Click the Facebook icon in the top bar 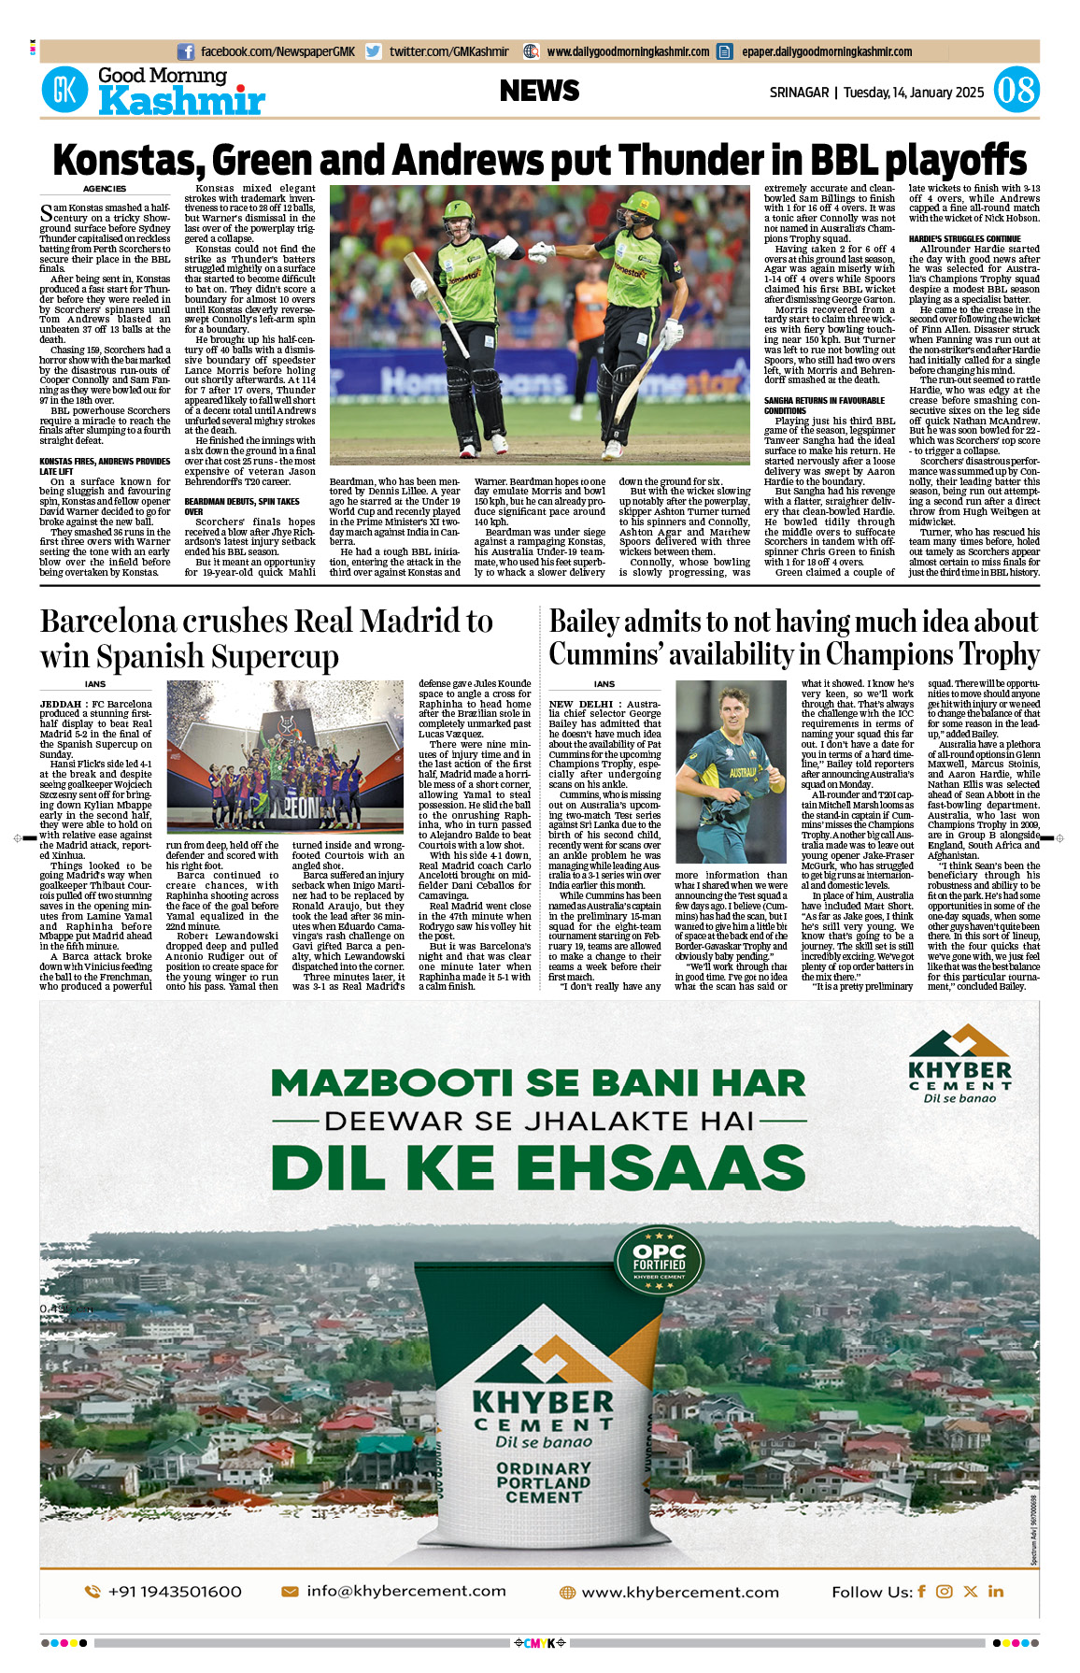[x=185, y=52]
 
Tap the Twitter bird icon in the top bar [x=374, y=52]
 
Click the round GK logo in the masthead [x=64, y=91]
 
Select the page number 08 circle [x=1016, y=91]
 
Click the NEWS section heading [x=539, y=91]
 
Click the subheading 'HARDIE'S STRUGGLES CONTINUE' [x=964, y=238]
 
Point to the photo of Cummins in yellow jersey [x=732, y=771]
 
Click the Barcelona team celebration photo [x=285, y=756]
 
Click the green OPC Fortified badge [x=659, y=1261]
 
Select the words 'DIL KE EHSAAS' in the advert [x=538, y=1168]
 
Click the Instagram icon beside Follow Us [x=945, y=1592]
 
